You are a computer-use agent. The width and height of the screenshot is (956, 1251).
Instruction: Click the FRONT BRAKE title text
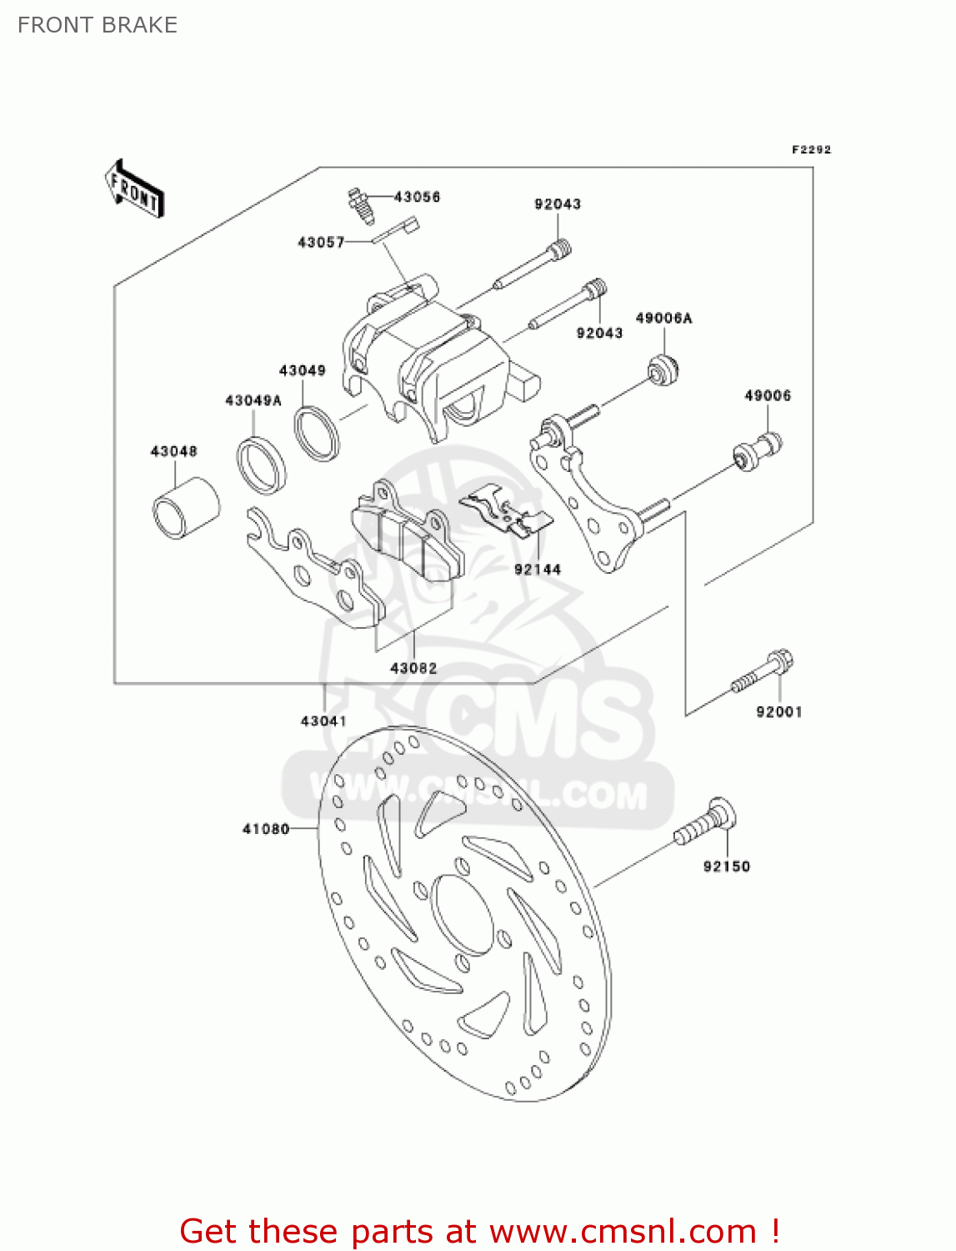pyautogui.click(x=98, y=25)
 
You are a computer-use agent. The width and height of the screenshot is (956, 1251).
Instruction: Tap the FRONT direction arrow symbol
pyautogui.click(x=133, y=190)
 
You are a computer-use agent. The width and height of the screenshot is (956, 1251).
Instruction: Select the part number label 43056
pyautogui.click(x=417, y=197)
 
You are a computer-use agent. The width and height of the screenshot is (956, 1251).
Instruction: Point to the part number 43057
pyautogui.click(x=321, y=242)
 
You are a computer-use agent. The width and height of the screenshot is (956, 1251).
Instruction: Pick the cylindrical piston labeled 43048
pyautogui.click(x=185, y=507)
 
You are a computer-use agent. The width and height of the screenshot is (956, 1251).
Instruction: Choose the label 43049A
pyautogui.click(x=253, y=400)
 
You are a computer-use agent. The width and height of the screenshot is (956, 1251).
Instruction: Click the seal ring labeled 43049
pyautogui.click(x=317, y=432)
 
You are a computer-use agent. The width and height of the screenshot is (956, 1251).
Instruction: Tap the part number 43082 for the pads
pyautogui.click(x=413, y=668)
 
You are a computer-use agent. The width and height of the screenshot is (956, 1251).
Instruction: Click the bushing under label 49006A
pyautogui.click(x=663, y=369)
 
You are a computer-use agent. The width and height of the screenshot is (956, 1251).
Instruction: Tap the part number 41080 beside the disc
pyautogui.click(x=266, y=829)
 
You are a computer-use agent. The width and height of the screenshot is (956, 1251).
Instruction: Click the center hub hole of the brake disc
pyautogui.click(x=462, y=914)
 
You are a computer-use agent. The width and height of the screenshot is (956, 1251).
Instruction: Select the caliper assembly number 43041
pyautogui.click(x=323, y=721)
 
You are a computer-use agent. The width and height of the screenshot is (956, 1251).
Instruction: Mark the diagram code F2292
pyautogui.click(x=811, y=150)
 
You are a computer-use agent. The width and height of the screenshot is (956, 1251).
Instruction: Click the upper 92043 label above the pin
pyautogui.click(x=558, y=203)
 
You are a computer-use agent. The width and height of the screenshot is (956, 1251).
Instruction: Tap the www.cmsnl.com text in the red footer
pyautogui.click(x=622, y=1231)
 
